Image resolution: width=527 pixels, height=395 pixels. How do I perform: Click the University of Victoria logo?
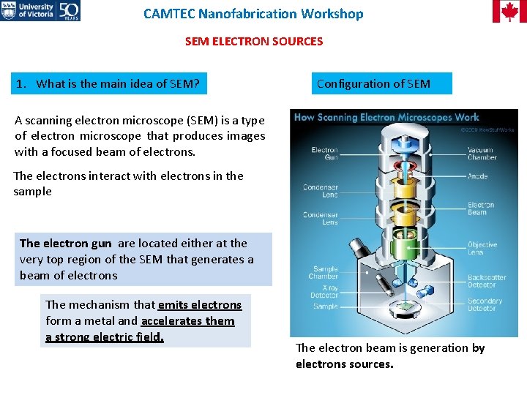(40, 10)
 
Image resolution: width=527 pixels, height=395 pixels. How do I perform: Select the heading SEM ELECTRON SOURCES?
(253, 42)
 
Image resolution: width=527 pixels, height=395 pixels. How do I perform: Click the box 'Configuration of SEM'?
(381, 83)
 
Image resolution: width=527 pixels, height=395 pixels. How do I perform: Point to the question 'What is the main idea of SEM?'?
(108, 83)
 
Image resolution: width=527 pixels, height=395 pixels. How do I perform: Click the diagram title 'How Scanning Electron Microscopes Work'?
(386, 117)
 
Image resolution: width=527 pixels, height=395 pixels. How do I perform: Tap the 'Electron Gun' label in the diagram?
(324, 154)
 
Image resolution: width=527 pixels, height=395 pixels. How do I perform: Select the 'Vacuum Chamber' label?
(482, 154)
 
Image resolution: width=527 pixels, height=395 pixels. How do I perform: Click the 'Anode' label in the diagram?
(477, 176)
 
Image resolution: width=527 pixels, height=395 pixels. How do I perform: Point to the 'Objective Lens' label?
(482, 249)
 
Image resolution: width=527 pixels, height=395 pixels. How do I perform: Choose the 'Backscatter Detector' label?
(487, 282)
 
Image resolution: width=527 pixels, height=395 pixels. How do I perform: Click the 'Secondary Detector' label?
(485, 304)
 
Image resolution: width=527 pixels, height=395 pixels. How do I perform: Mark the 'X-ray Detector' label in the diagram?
(325, 292)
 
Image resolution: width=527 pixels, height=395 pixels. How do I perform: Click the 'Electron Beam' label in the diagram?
(481, 209)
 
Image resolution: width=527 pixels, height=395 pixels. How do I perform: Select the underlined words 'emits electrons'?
(199, 305)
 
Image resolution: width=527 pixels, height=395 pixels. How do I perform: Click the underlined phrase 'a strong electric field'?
(104, 337)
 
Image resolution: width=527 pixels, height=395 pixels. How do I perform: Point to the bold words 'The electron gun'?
(67, 244)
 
